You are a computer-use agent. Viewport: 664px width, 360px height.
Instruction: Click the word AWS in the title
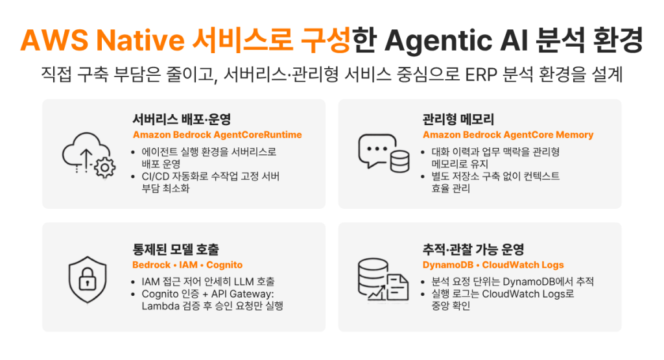tap(54, 40)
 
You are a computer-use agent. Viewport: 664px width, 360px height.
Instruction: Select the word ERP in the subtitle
tap(481, 75)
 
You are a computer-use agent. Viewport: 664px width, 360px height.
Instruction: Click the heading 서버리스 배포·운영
tap(182, 119)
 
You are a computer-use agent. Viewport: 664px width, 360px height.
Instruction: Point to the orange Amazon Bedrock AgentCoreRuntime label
tap(217, 135)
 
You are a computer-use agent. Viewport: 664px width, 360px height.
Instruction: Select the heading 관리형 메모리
tap(458, 119)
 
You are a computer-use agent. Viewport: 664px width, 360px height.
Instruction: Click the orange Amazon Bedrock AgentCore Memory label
tap(508, 135)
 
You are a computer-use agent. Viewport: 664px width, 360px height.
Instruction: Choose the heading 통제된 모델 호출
tap(176, 250)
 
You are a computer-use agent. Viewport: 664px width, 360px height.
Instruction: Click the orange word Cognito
tap(224, 265)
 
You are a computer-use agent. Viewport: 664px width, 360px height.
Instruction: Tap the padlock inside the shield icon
tap(88, 279)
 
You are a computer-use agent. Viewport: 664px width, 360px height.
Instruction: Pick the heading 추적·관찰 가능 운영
tap(473, 250)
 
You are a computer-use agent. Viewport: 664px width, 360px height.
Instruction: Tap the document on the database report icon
tap(397, 288)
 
